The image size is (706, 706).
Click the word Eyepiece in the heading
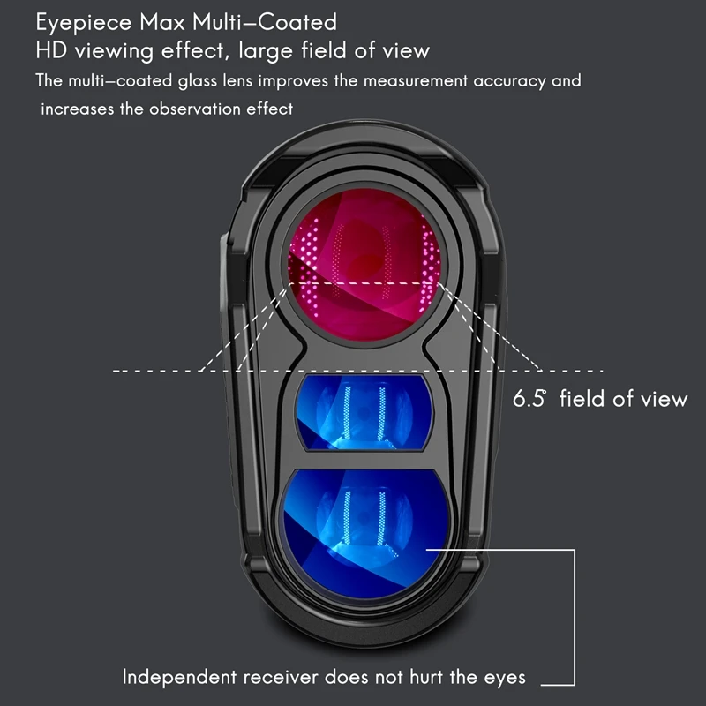[x=84, y=23]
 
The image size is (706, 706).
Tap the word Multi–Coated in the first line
[x=265, y=22]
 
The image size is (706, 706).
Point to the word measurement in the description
[x=415, y=81]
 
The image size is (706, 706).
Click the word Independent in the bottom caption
[x=179, y=677]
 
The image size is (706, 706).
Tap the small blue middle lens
[x=364, y=412]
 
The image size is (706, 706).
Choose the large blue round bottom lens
[x=364, y=535]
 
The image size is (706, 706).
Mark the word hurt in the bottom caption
[x=427, y=677]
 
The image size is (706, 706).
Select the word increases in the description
[x=78, y=109]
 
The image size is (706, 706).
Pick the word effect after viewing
[x=192, y=50]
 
